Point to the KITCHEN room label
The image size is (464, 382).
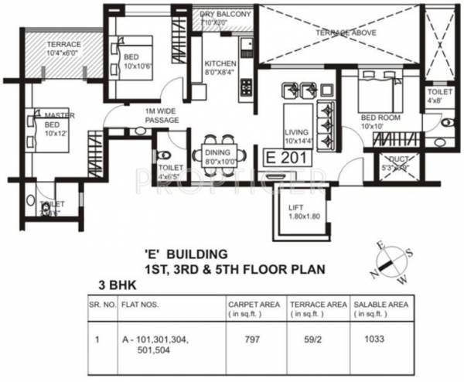(219, 67)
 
